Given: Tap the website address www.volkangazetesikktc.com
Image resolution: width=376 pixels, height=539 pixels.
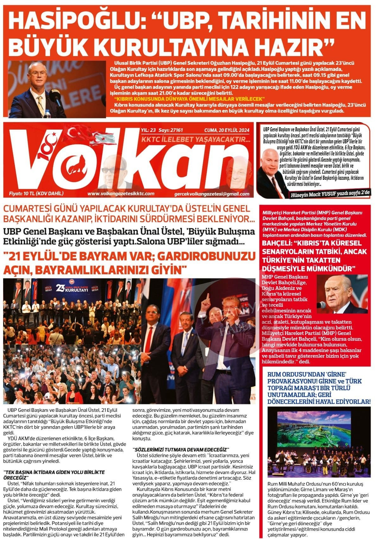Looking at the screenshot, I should point(121,194).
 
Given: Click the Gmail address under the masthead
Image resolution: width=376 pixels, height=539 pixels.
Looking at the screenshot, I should point(211,194).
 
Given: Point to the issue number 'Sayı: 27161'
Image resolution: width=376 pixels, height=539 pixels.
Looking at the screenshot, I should point(171,130).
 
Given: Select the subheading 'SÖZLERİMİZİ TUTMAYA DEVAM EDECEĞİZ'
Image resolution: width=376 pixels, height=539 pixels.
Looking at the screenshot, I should point(181,450).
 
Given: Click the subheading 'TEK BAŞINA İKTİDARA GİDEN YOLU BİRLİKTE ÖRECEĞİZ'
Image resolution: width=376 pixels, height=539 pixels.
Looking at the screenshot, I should point(54,474).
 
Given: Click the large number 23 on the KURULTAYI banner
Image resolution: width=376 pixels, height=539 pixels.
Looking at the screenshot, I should point(60,288).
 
